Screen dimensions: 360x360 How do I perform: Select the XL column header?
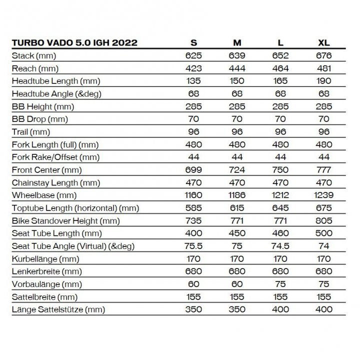click(323, 42)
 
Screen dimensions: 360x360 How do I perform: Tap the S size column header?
click(193, 42)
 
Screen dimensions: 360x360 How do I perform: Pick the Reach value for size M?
click(237, 68)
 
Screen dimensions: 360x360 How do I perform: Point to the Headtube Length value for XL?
click(323, 81)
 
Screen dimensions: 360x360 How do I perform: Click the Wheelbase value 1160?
click(193, 195)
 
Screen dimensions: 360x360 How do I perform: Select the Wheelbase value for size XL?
click(323, 195)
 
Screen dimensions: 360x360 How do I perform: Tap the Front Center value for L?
click(280, 170)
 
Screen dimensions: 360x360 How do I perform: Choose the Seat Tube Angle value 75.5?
click(193, 246)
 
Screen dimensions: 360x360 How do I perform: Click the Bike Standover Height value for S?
click(193, 220)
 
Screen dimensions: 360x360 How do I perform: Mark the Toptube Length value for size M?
click(237, 208)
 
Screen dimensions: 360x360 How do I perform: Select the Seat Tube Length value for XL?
click(323, 233)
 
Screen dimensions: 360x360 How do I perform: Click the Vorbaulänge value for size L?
click(280, 284)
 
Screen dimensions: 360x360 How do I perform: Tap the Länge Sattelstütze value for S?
click(193, 309)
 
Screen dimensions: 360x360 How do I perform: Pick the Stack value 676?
click(323, 55)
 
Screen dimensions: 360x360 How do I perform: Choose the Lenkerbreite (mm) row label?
click(44, 271)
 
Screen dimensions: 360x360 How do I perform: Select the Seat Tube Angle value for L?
click(280, 246)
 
